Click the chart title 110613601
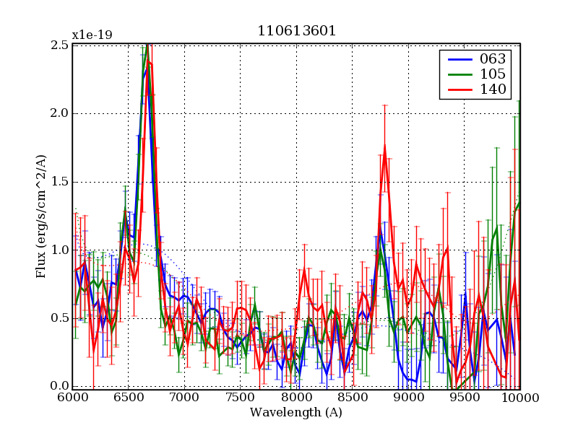coord(296,31)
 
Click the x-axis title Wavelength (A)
coord(296,413)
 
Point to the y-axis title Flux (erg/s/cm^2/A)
coord(42,216)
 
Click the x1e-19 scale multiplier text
coord(92,35)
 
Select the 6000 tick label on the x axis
coord(72,397)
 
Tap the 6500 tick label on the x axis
coord(129,397)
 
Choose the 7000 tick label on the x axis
coord(184,397)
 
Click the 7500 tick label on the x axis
coord(241,397)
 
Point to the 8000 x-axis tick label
coord(296,397)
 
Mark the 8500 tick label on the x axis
coord(353,397)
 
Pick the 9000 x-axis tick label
coord(408,397)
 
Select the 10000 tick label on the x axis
coord(520,397)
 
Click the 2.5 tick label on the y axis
coord(60,45)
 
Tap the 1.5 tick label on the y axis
coord(60,181)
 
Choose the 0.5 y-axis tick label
coord(60,318)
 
